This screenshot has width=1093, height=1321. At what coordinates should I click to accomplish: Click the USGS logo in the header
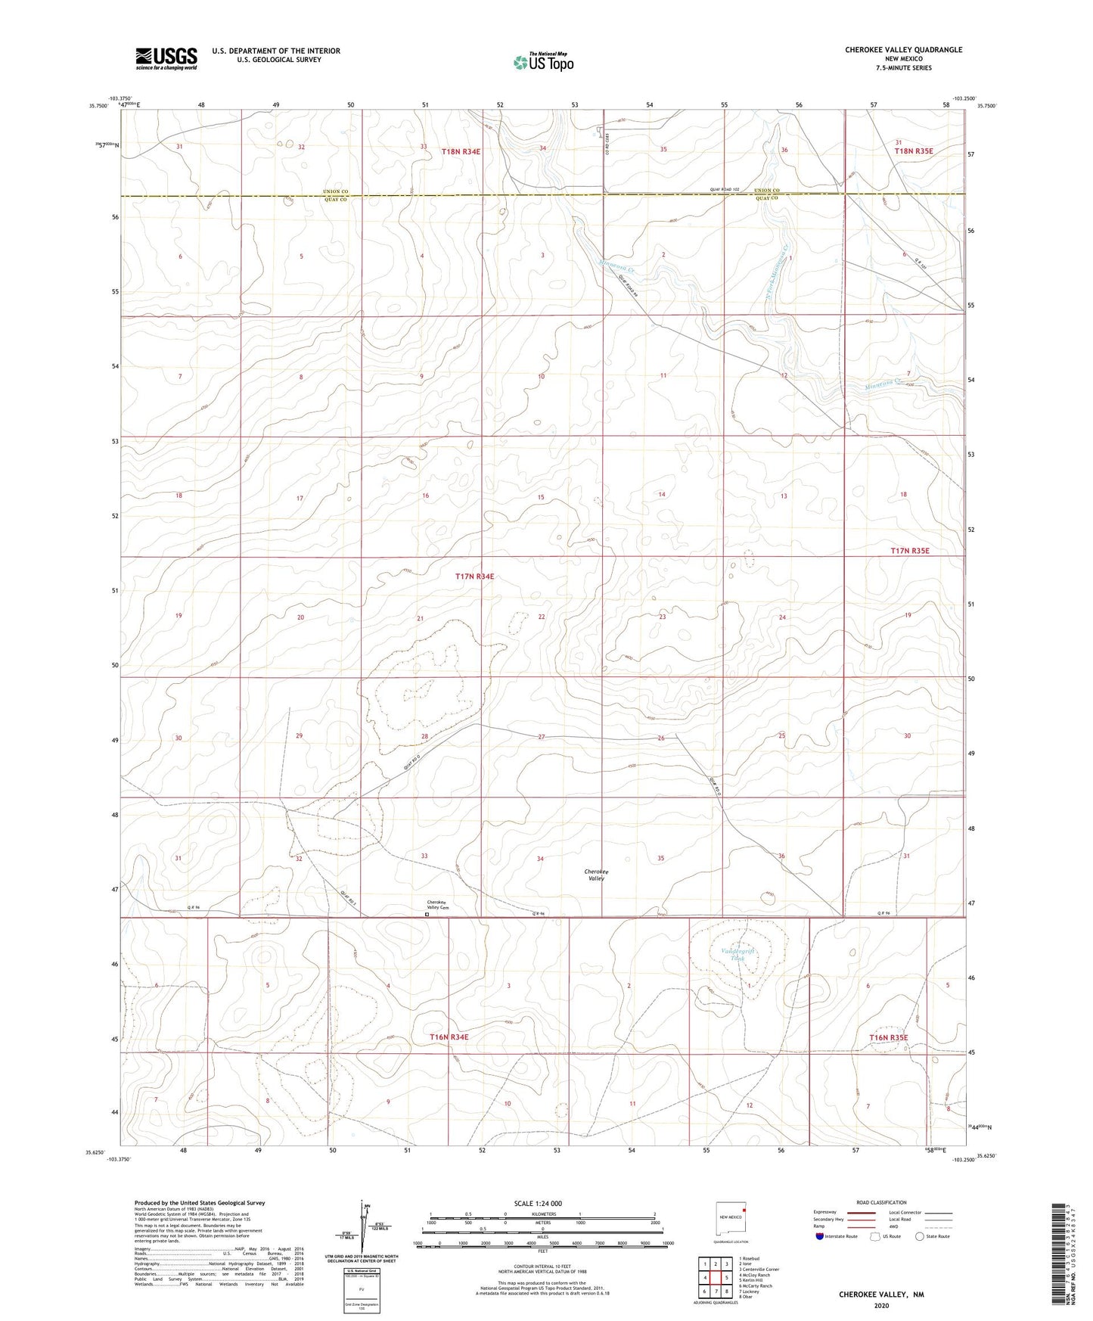[x=166, y=58]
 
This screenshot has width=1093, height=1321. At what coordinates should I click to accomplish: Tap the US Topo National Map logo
[x=542, y=62]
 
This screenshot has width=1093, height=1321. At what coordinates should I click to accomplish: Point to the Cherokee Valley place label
[x=596, y=875]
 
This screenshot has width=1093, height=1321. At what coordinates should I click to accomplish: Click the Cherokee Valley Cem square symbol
[x=427, y=914]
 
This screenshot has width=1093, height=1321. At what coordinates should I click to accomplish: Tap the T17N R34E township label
[x=474, y=577]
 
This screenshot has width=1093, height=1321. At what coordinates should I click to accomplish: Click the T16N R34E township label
[x=449, y=1037]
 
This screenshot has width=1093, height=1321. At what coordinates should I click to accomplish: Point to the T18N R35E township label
[x=914, y=151]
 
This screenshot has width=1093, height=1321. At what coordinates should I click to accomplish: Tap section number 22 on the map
[x=542, y=617]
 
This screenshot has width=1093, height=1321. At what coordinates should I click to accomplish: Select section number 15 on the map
[x=541, y=497]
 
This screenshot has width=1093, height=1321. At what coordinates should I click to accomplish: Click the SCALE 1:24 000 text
[x=537, y=1204]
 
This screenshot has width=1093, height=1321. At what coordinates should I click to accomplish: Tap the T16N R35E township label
[x=888, y=1037]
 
